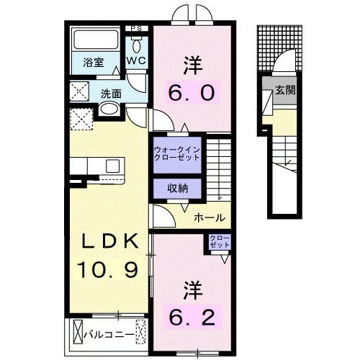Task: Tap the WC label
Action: pyautogui.click(x=137, y=61)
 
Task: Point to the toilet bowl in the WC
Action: pyautogui.click(x=137, y=42)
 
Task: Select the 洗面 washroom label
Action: pyautogui.click(x=110, y=93)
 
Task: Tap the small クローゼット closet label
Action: pyautogui.click(x=219, y=242)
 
